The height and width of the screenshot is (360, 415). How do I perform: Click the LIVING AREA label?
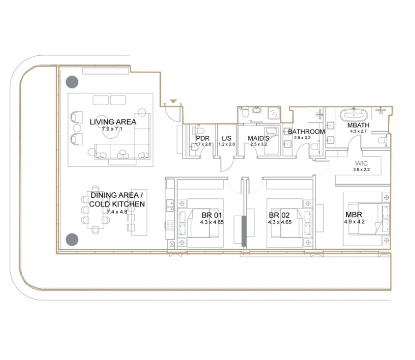[113, 122]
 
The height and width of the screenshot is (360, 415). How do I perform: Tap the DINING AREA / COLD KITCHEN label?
[117, 200]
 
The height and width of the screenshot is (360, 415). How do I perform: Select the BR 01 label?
[212, 215]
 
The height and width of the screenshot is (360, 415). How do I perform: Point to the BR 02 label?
[279, 215]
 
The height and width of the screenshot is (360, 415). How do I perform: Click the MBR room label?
[354, 214]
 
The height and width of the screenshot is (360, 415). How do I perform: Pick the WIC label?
[361, 164]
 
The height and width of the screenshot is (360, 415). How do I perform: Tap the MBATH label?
[358, 125]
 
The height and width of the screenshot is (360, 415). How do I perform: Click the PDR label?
[203, 138]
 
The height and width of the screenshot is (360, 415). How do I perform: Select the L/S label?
[226, 138]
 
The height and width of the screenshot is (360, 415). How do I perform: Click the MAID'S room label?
[259, 138]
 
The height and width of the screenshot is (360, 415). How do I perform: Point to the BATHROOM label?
[307, 131]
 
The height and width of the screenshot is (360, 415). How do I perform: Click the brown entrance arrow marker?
[173, 101]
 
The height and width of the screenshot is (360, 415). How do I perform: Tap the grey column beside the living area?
[72, 82]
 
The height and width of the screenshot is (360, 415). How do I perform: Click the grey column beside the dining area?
[72, 240]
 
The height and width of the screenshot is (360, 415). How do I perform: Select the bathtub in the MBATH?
[354, 115]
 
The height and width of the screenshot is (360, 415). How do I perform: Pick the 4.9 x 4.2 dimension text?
[355, 222]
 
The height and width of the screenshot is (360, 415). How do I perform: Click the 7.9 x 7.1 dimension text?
[112, 129]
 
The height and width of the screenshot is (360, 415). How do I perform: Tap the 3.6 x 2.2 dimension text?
[361, 169]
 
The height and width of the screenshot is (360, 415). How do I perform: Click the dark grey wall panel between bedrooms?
[244, 231]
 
